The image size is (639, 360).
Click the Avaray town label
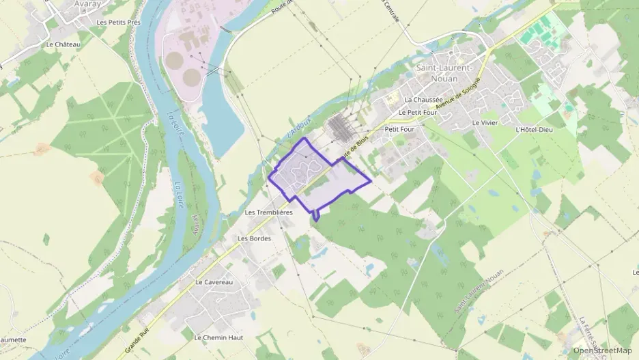coord(87,4)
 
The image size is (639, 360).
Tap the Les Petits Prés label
coord(118,23)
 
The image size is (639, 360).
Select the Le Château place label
coord(63,44)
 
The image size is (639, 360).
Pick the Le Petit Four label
coord(417,112)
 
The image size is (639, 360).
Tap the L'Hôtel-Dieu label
coord(534,129)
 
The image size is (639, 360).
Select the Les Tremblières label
coord(268,212)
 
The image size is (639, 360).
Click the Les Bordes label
coord(254,238)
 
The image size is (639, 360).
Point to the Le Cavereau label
coord(214,282)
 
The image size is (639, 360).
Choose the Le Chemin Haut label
coord(218,337)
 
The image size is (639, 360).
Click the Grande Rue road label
coord(136,342)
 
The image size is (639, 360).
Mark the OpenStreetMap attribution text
coord(602,350)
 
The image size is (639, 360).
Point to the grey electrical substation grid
coord(340,126)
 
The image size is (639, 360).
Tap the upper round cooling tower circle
coord(175,60)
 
